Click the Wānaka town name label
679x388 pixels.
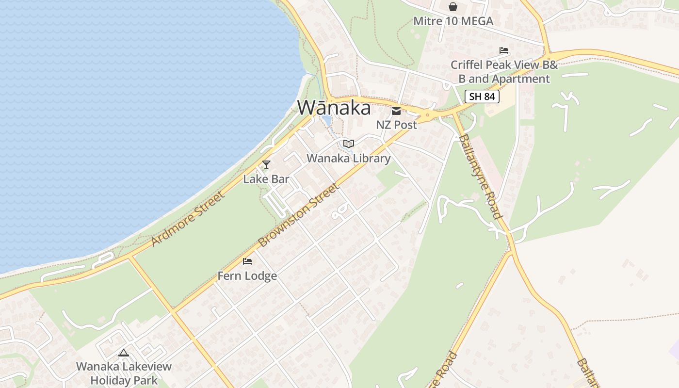coord(334,108)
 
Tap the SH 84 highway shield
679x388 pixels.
coord(482,97)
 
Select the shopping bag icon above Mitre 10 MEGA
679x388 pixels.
coord(453,7)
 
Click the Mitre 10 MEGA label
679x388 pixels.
coord(453,21)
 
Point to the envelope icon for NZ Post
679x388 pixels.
coord(396,111)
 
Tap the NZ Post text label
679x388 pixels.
coord(396,125)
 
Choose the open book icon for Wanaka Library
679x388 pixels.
coord(348,144)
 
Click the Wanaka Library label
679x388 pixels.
coord(348,158)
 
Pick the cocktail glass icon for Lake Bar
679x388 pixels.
coord(266,165)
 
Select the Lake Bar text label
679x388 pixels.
coord(266,179)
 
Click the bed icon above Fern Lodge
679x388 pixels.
coord(247,262)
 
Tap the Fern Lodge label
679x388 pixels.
coord(247,276)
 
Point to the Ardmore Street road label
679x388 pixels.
coord(188,218)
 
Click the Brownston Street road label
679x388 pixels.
coord(297,215)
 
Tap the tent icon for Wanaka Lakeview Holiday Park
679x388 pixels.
coord(124,353)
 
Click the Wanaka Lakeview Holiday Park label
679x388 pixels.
coord(124,373)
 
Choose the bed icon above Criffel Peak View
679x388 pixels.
coord(504,50)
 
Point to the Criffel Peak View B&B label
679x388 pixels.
coord(504,71)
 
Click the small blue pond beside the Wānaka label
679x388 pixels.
coord(326,120)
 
